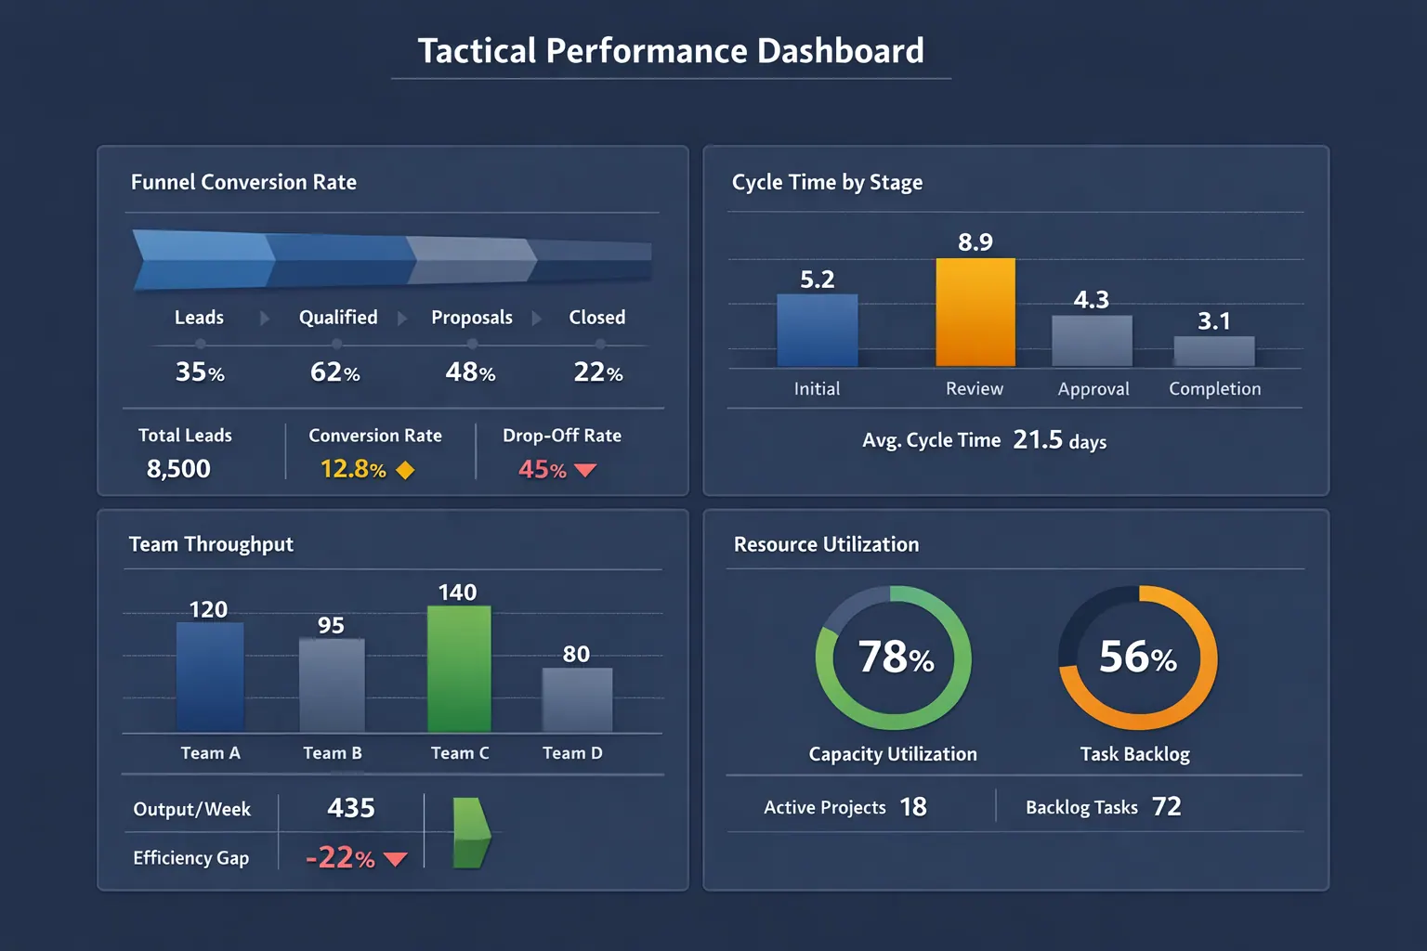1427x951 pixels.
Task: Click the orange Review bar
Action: [975, 312]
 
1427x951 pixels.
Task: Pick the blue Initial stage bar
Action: [817, 330]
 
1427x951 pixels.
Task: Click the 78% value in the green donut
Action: [895, 657]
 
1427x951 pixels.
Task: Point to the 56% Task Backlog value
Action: [1137, 657]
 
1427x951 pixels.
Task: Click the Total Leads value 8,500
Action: [178, 469]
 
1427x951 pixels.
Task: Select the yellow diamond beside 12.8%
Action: [405, 470]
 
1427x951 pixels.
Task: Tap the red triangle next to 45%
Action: [585, 470]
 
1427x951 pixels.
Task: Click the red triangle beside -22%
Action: [396, 859]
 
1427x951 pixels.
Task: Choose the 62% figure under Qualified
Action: [334, 372]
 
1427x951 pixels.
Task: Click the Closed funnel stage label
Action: [596, 318]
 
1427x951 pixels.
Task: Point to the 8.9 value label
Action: [975, 242]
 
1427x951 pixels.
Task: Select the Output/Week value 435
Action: [351, 808]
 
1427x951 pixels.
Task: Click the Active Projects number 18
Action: [913, 807]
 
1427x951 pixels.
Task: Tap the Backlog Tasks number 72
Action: [1167, 806]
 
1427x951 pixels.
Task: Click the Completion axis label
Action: [1214, 389]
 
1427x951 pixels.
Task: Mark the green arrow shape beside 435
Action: [471, 832]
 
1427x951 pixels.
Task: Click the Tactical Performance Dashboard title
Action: [671, 51]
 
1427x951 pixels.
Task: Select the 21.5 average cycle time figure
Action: [1038, 439]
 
